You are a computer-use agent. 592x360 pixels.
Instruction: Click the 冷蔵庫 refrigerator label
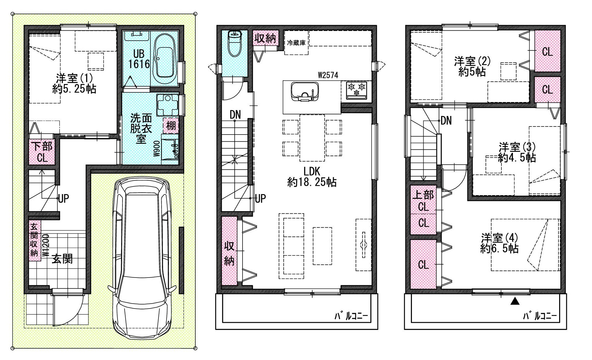(296, 43)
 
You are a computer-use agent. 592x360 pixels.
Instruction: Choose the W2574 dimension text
(328, 75)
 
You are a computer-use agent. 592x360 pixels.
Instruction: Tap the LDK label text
(311, 171)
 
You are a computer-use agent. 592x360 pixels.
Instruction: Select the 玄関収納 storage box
(35, 241)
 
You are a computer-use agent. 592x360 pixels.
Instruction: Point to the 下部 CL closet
(42, 152)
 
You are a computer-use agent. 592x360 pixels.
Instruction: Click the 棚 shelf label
(171, 126)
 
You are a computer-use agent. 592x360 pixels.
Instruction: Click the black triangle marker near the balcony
(515, 301)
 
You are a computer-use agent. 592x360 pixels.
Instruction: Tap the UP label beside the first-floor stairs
(64, 199)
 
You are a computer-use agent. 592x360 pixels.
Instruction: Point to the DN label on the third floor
(446, 121)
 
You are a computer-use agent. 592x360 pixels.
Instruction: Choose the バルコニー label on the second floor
(351, 317)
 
